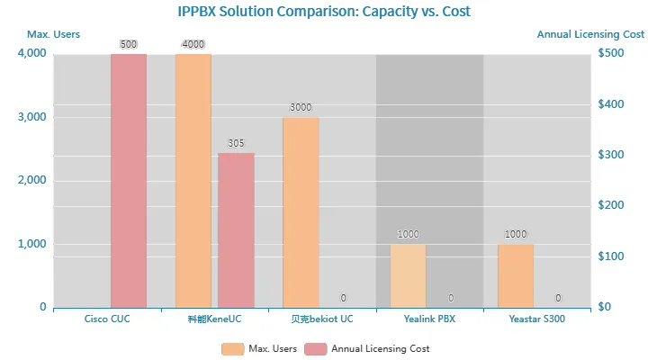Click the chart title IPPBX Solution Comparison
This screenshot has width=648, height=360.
pyautogui.click(x=323, y=12)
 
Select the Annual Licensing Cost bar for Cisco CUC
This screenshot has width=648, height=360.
pyautogui.click(x=129, y=180)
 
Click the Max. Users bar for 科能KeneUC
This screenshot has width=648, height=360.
pyautogui.click(x=193, y=180)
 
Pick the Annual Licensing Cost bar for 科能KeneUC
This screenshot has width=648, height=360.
pyautogui.click(x=236, y=229)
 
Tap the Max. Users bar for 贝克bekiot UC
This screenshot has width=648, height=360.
pyautogui.click(x=301, y=212)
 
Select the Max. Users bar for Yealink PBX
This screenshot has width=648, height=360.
pyautogui.click(x=408, y=275)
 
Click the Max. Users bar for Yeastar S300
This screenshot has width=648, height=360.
pyautogui.click(x=516, y=275)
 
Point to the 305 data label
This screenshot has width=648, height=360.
pyautogui.click(x=236, y=143)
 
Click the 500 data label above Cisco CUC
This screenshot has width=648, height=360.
pyautogui.click(x=129, y=44)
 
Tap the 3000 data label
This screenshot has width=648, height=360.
pyautogui.click(x=301, y=107)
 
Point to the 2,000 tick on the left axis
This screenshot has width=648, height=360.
pyautogui.click(x=31, y=181)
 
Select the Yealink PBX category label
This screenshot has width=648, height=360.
pyautogui.click(x=429, y=319)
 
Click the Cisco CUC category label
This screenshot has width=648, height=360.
pyautogui.click(x=107, y=319)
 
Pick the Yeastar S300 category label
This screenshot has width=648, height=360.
pyautogui.click(x=536, y=319)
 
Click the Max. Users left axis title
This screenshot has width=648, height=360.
pyautogui.click(x=53, y=34)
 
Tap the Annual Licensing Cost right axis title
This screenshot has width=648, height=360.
pyautogui.click(x=590, y=34)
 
